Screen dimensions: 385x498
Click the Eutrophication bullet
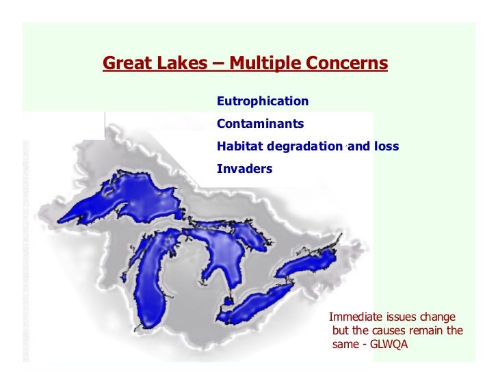point(263,101)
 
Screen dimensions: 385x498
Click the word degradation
point(306,146)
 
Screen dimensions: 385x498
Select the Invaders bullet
point(244,168)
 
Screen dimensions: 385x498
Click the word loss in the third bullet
point(385,146)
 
